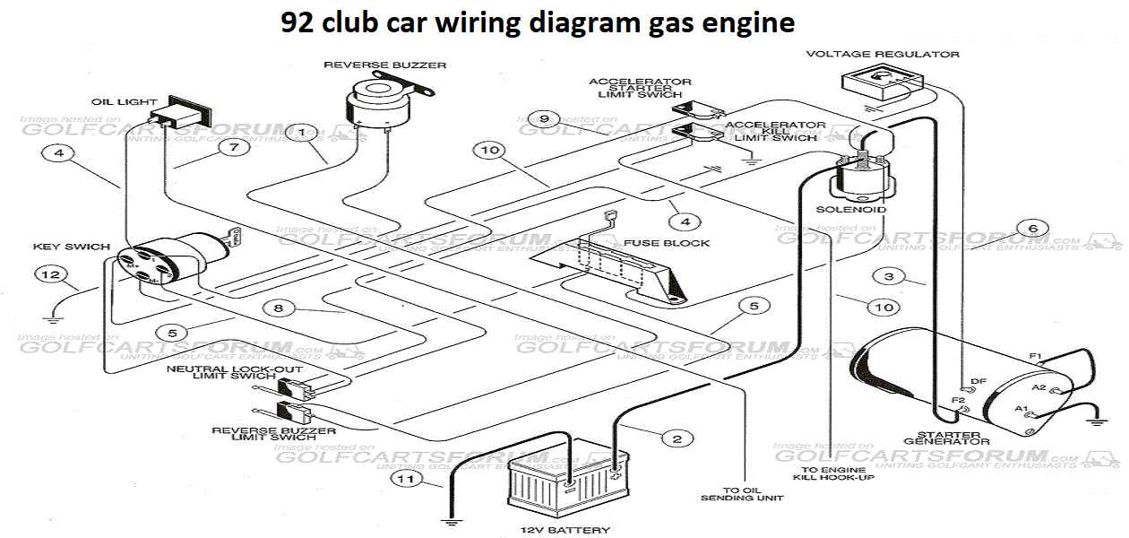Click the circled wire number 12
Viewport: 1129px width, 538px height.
[49, 273]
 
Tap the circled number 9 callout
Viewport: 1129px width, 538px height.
[544, 118]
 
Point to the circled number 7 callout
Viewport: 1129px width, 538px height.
[234, 147]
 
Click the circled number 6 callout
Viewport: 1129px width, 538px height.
[1033, 229]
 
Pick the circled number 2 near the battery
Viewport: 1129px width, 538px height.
[677, 438]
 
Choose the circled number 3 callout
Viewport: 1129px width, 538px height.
[888, 276]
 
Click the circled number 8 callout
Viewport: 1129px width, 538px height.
[279, 308]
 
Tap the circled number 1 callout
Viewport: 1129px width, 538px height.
[303, 133]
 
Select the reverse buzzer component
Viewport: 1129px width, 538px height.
[377, 100]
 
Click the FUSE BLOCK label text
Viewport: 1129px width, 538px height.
[667, 243]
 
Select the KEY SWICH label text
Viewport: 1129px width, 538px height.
[72, 247]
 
